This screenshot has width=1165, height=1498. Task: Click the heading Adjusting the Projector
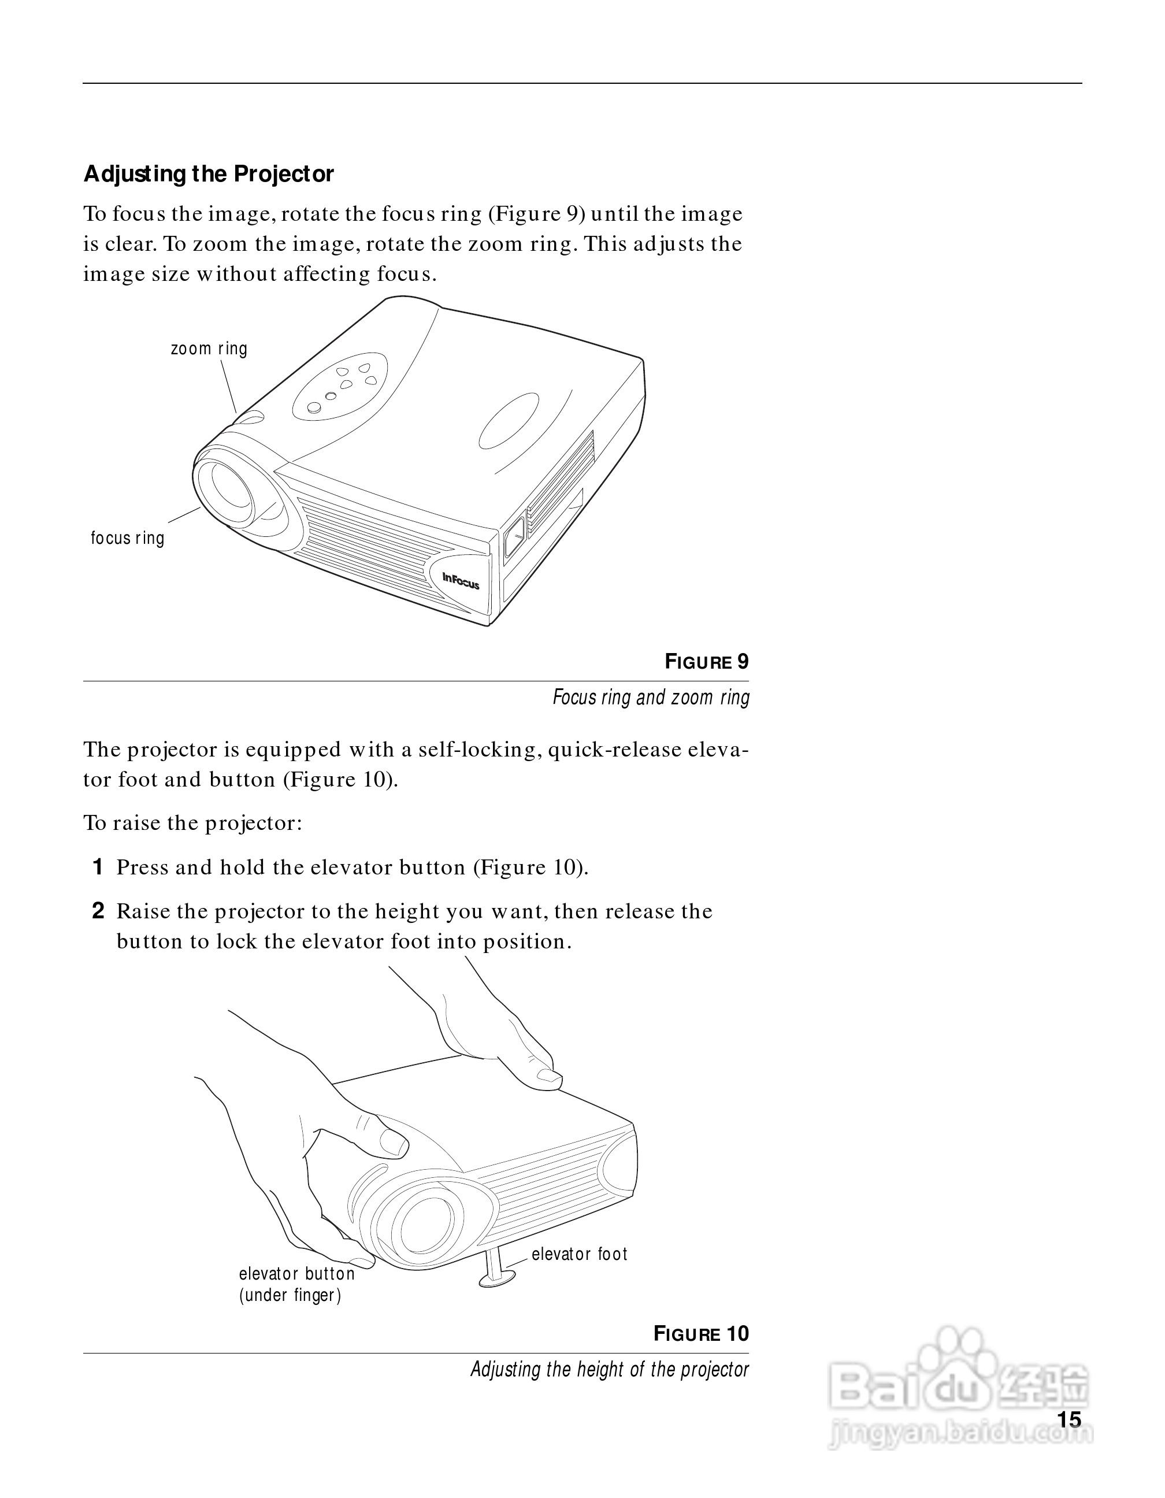pos(209,174)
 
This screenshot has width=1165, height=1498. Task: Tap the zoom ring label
pos(209,348)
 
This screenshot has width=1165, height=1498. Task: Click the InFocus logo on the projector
pos(460,580)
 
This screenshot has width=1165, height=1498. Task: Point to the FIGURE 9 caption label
pos(706,662)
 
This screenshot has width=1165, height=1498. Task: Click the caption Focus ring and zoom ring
pos(651,698)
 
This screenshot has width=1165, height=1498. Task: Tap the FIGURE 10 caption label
pos(701,1333)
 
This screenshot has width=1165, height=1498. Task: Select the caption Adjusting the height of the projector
pos(609,1370)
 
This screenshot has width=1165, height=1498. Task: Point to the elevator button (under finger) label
pos(296,1284)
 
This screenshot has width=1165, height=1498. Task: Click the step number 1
pos(98,867)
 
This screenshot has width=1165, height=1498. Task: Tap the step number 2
pos(98,911)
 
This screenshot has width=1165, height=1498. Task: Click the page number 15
pos(1069,1420)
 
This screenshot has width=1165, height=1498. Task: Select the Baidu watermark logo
pos(960,1385)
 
